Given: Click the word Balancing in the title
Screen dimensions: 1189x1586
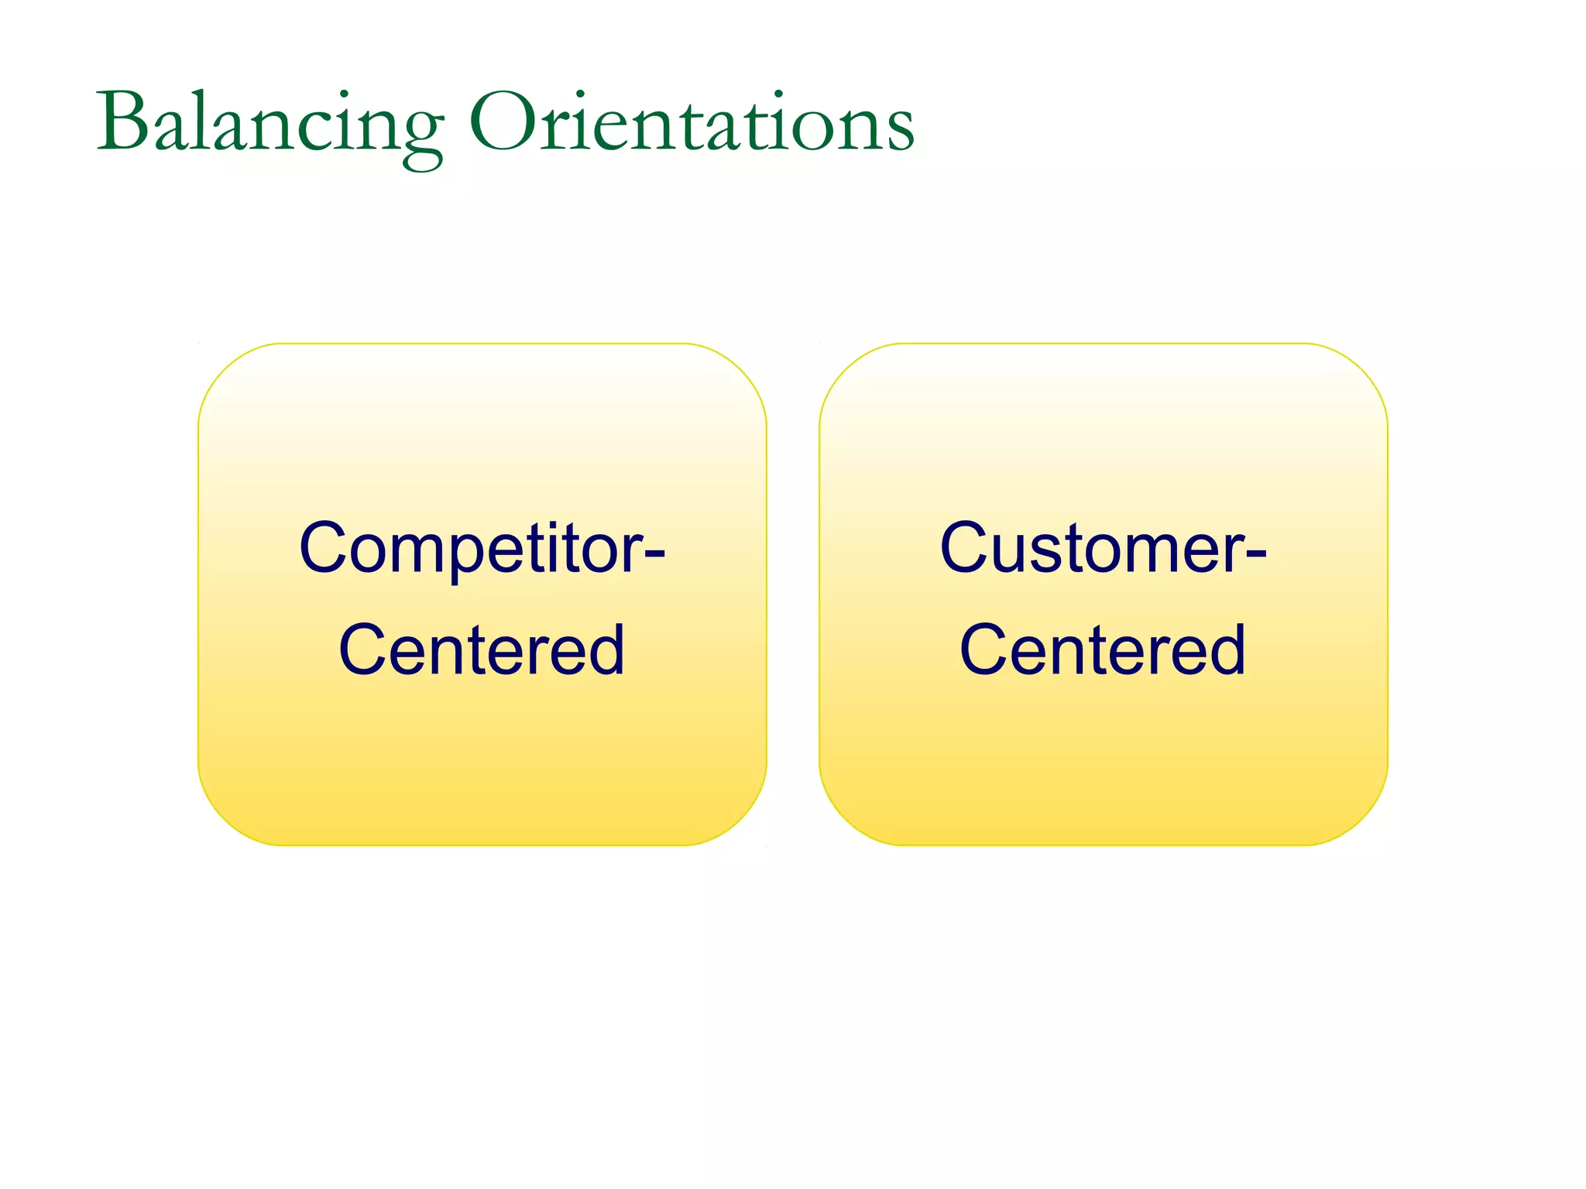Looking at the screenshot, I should [x=269, y=124].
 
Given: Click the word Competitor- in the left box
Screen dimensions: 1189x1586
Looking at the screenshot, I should [x=482, y=548].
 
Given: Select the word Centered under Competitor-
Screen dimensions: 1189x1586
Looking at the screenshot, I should [x=482, y=650].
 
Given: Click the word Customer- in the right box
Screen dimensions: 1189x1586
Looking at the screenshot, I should [x=1103, y=548].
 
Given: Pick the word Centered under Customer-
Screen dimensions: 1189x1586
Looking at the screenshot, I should [x=1103, y=650].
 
